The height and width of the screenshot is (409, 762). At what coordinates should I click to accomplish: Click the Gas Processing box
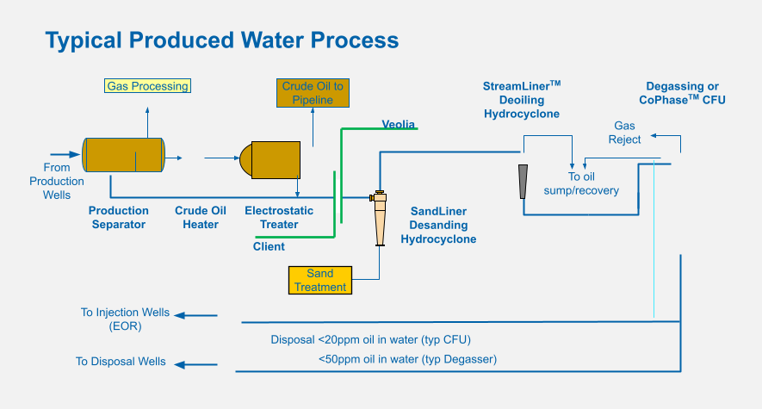coord(147,86)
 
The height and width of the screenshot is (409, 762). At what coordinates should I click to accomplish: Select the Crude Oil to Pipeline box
coord(313,93)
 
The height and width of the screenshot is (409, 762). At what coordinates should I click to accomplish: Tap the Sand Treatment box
coord(319,281)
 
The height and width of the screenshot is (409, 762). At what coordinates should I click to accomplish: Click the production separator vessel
coord(123,155)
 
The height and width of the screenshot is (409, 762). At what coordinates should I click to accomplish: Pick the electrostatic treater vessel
coord(270,160)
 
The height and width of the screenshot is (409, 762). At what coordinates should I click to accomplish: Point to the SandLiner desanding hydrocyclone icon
coord(380,218)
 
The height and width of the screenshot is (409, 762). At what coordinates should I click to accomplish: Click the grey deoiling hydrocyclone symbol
coord(523,182)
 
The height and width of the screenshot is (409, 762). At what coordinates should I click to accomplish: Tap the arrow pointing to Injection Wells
coord(195,315)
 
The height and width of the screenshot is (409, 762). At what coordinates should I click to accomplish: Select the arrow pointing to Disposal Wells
coord(195,364)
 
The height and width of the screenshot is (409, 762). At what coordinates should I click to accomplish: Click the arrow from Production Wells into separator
coord(65,154)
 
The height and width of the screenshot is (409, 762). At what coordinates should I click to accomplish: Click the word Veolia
coord(398,124)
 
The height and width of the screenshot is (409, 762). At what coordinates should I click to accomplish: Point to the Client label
coord(269,246)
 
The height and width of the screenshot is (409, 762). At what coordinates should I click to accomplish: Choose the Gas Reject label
coord(624,133)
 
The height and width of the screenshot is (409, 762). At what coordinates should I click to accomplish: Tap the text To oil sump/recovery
coord(581,183)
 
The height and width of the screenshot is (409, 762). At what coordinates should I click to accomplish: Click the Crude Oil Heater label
coord(201,217)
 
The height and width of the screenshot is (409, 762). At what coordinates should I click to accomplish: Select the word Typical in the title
coord(84,40)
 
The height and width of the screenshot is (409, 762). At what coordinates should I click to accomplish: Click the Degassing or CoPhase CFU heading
coord(682,93)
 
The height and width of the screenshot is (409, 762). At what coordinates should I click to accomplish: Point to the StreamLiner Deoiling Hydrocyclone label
coord(522,100)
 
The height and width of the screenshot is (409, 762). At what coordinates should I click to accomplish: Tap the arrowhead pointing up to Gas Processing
coord(147,110)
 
